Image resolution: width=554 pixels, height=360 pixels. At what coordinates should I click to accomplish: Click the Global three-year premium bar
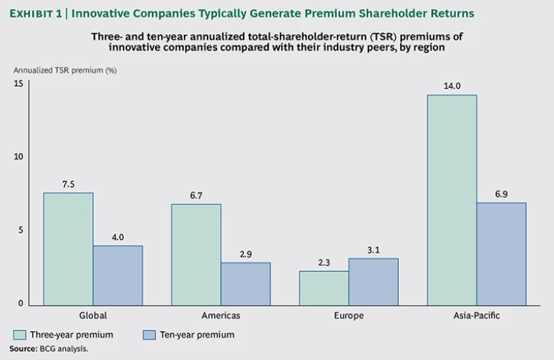(x=68, y=248)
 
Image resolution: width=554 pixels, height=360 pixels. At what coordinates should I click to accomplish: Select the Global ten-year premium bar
(x=118, y=275)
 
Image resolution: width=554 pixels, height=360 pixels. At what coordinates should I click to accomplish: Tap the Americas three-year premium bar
(x=196, y=254)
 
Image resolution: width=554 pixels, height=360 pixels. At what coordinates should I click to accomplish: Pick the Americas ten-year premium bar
(x=245, y=283)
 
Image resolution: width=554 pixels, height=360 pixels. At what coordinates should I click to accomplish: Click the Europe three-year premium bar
(x=324, y=287)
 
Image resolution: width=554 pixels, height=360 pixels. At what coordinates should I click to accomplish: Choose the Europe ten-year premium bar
(x=374, y=281)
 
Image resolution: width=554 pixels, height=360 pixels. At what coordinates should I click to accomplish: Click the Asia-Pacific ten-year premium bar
(x=501, y=253)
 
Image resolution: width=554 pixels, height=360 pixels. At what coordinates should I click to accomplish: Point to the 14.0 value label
(x=452, y=85)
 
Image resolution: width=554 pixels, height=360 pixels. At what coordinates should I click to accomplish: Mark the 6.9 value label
(x=501, y=193)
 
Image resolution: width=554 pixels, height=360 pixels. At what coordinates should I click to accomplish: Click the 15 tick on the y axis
(x=19, y=84)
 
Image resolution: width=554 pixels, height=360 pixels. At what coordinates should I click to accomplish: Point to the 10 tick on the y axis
(x=19, y=157)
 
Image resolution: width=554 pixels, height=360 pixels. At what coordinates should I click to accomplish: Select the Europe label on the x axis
(x=349, y=316)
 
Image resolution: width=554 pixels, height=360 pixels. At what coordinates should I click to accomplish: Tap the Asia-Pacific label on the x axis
(x=477, y=316)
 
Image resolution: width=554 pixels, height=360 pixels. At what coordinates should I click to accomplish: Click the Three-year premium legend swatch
(x=19, y=335)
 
